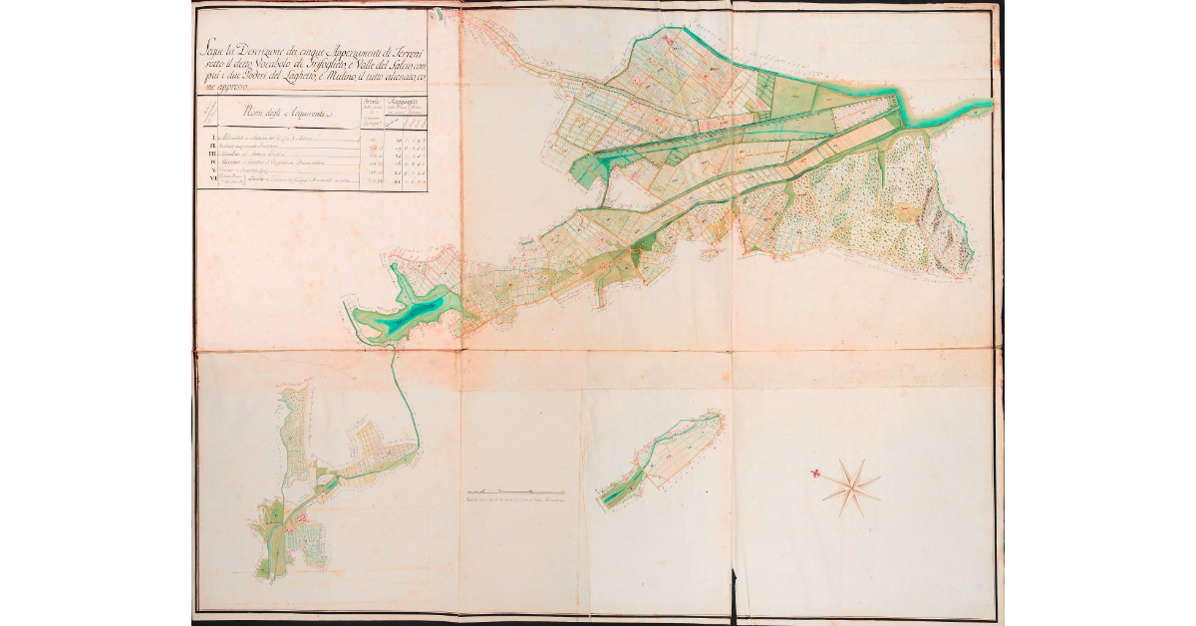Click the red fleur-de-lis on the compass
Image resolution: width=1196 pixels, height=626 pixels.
click(815, 473)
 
